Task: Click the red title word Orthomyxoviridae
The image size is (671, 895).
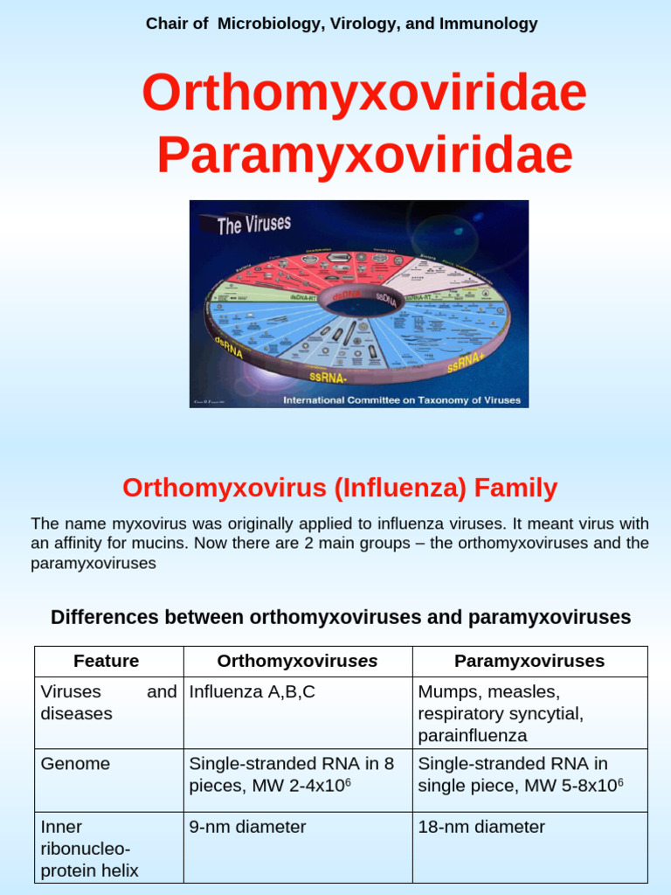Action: (364, 94)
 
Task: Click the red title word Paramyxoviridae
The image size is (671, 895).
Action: (364, 156)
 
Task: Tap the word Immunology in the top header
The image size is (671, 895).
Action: (491, 24)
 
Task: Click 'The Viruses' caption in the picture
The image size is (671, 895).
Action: (253, 225)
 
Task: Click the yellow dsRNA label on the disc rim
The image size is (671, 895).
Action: (230, 341)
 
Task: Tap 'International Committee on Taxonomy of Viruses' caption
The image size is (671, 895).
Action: (401, 400)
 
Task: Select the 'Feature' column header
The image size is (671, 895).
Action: (107, 662)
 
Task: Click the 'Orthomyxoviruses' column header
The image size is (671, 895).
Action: (297, 662)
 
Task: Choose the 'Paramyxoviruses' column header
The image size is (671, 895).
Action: (529, 662)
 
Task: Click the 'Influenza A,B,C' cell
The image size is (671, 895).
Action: (252, 692)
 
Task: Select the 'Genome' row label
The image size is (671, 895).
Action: (76, 764)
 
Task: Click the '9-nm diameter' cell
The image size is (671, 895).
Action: (248, 827)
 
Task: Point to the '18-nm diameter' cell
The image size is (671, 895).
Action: (481, 827)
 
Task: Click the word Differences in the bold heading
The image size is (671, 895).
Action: (104, 618)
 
